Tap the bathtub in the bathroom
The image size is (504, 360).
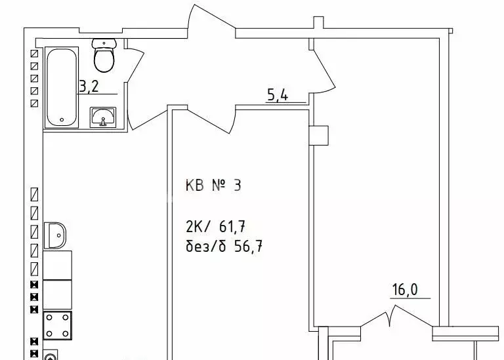pos(61,87)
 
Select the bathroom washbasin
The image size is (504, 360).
pos(102,117)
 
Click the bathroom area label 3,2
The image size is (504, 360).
pos(90,85)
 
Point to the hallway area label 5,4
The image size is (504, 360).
pos(276,96)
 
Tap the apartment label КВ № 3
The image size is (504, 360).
pos(213,186)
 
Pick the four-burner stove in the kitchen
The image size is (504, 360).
pos(57,326)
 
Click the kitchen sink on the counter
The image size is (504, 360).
pos(55,234)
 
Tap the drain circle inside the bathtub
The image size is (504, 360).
pos(61,120)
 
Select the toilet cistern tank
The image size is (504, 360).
pos(104,43)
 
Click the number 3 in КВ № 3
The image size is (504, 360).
pos(237,186)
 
